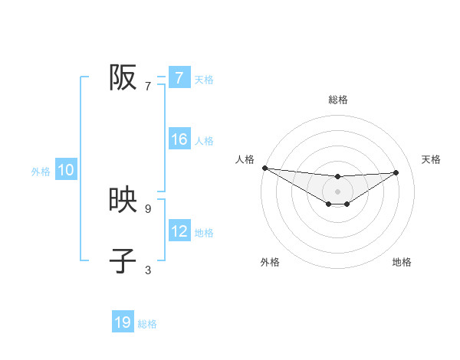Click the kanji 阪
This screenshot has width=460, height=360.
pyautogui.click(x=123, y=77)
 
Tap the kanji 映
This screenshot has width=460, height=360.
pyautogui.click(x=123, y=201)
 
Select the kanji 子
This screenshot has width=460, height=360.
pyautogui.click(x=123, y=260)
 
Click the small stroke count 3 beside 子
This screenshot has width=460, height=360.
pyautogui.click(x=148, y=270)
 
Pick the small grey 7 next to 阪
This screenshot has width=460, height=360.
pyautogui.click(x=148, y=86)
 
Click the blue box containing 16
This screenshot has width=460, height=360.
pyautogui.click(x=179, y=139)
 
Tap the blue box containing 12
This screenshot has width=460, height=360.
pyautogui.click(x=179, y=231)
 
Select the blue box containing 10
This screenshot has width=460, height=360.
pyautogui.click(x=66, y=171)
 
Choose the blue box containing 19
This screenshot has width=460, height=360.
pyautogui.click(x=123, y=322)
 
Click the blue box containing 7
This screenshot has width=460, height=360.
pyautogui.click(x=179, y=77)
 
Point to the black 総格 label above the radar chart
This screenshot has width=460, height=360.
pyautogui.click(x=338, y=100)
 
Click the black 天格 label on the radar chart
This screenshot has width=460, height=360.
pyautogui.click(x=431, y=159)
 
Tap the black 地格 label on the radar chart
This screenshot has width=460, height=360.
pyautogui.click(x=402, y=262)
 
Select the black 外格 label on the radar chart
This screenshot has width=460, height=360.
pyautogui.click(x=270, y=262)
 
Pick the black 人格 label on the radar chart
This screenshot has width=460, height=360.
pyautogui.click(x=245, y=159)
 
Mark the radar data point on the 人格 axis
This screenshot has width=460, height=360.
pyautogui.click(x=264, y=168)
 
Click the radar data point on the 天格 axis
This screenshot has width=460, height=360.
pyautogui.click(x=396, y=172)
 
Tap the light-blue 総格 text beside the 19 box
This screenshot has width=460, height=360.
pyautogui.click(x=147, y=324)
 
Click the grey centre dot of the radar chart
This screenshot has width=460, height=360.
pyautogui.click(x=337, y=191)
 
